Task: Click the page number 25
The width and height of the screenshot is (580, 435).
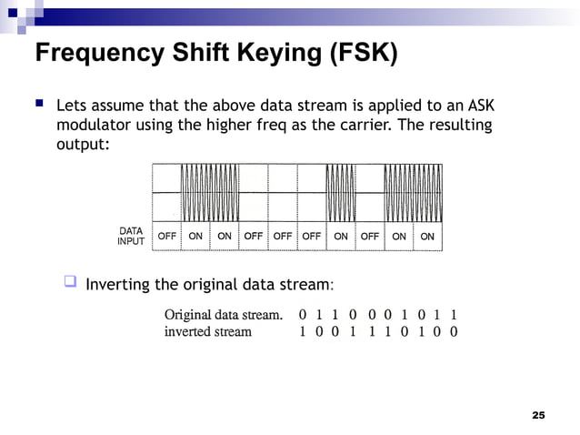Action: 538,415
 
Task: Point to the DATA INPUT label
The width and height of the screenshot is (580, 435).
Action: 131,236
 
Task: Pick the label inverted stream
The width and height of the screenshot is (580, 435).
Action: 207,331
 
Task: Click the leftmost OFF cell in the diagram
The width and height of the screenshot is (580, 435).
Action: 167,236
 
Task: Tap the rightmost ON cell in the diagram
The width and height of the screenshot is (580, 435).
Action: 427,236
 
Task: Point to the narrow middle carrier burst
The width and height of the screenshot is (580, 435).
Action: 340,192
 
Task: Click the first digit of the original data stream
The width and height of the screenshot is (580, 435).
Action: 303,314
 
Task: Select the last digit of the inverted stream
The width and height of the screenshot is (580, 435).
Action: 454,331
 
